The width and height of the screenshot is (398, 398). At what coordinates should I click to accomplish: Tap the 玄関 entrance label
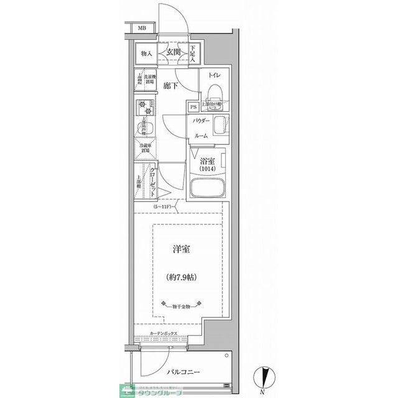click(x=174, y=53)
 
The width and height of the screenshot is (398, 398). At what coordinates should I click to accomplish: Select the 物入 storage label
click(x=147, y=53)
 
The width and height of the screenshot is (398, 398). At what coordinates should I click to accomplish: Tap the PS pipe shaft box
click(x=193, y=107)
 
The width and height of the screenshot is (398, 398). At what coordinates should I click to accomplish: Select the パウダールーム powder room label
click(x=200, y=127)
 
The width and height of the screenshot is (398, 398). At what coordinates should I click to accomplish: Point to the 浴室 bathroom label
click(x=207, y=159)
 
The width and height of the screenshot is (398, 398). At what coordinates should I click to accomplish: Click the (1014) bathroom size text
click(x=207, y=169)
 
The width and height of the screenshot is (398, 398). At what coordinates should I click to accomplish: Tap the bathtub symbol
click(x=208, y=188)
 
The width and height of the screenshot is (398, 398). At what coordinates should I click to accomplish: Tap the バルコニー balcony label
click(x=183, y=372)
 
